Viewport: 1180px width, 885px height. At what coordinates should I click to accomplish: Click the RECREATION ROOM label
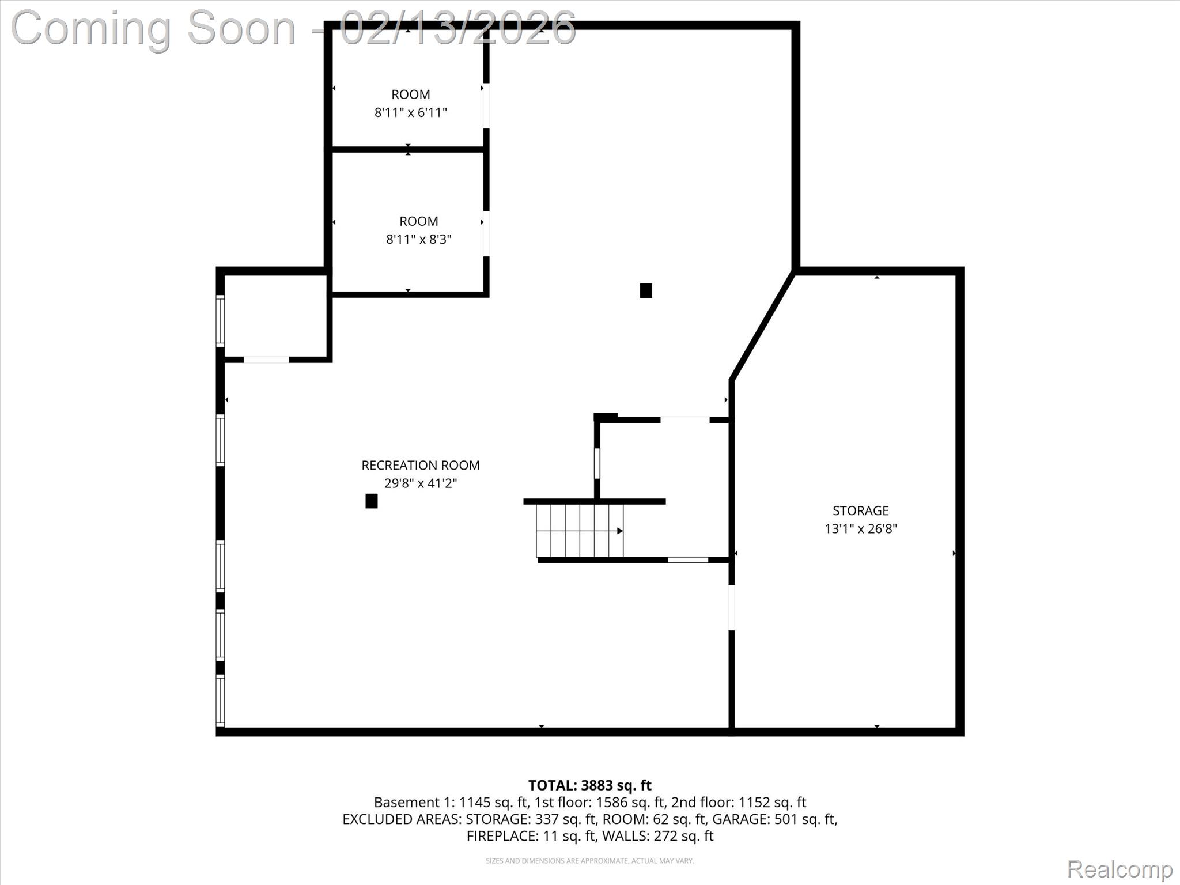420,465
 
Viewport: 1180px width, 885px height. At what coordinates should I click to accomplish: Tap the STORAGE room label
860,510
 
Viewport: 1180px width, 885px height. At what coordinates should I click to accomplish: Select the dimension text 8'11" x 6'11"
410,112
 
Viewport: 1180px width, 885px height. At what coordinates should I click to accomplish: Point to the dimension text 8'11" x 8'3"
418,239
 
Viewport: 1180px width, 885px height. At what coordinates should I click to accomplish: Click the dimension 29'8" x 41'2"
420,483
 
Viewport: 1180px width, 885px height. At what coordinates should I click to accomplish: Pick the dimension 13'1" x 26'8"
860,528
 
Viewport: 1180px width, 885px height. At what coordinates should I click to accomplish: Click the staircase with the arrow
580,530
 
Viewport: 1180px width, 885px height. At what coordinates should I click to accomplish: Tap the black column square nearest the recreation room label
372,501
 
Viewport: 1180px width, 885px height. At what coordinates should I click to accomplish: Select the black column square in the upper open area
646,290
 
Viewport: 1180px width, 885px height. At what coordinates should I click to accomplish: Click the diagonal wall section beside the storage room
763,326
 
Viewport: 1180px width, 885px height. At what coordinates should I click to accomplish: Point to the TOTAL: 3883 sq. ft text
589,785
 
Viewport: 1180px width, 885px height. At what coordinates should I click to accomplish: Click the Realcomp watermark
1120,869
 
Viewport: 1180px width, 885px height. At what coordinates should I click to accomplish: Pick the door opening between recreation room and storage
732,607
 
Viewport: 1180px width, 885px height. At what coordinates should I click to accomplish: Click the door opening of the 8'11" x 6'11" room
486,106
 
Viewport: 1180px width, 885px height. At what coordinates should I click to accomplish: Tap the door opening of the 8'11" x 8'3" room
486,233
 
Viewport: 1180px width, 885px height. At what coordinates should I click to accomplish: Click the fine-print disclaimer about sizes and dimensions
589,861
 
